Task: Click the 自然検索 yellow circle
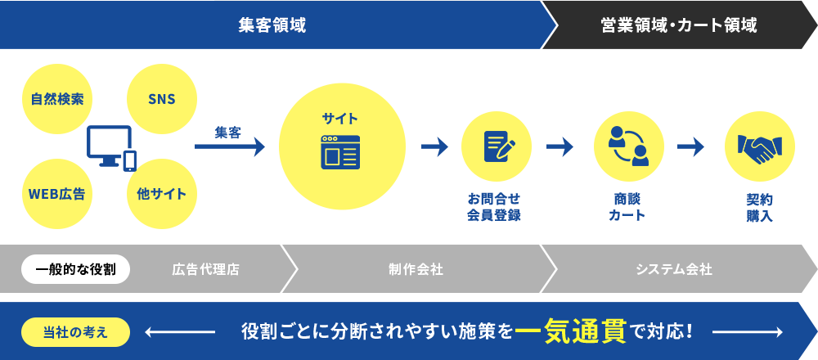[x=57, y=99]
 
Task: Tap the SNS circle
[x=162, y=99]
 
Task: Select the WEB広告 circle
[x=57, y=194]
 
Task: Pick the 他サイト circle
[x=162, y=194]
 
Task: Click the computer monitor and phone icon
[x=111, y=148]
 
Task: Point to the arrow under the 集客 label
[x=230, y=146]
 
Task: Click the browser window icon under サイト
[x=340, y=152]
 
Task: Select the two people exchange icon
[x=628, y=146]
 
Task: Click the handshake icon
[x=760, y=147]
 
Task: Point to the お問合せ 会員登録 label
[x=494, y=207]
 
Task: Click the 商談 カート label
[x=627, y=207]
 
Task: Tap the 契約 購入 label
[x=760, y=207]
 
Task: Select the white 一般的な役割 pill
[x=75, y=269]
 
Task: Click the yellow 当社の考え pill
[x=75, y=332]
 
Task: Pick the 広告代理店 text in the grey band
[x=205, y=270]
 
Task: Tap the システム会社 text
[x=674, y=270]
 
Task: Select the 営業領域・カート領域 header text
[x=679, y=25]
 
